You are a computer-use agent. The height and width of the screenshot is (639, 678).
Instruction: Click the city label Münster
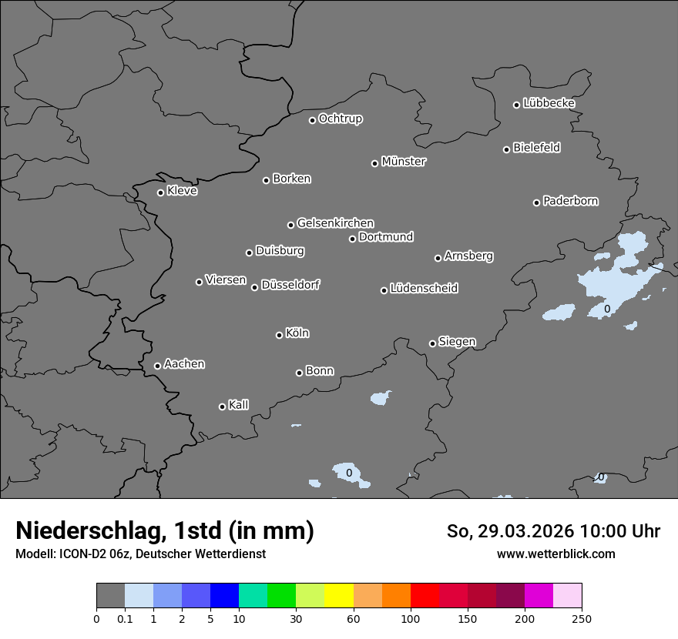coord(404,162)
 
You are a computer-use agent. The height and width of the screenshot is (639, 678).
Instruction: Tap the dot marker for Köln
coord(279,335)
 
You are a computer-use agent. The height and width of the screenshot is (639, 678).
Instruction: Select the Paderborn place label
coord(571,201)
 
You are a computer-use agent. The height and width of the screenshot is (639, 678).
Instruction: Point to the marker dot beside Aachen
coord(157,366)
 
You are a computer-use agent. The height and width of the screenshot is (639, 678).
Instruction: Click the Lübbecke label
coord(549,103)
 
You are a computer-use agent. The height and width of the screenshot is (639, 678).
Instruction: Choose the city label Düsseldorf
coord(290,285)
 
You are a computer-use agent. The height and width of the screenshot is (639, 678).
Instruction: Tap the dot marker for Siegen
coord(432,343)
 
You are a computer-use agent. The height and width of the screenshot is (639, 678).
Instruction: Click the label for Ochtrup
coord(341,119)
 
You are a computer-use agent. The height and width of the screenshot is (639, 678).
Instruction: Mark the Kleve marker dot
coord(160,192)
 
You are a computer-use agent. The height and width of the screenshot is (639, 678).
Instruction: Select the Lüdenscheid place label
coord(424,289)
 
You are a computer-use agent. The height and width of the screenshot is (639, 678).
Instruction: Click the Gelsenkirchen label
coord(335,223)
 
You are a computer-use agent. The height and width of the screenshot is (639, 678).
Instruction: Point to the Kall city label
coord(239,405)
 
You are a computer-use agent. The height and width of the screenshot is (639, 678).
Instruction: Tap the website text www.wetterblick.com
coord(555,554)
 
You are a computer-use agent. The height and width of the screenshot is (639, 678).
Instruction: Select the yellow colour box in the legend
coord(338,596)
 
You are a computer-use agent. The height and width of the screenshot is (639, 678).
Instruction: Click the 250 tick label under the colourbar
coord(582,619)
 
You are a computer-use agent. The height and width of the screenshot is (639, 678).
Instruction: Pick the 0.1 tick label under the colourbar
coord(125,619)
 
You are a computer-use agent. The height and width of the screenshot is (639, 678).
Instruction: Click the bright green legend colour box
coord(281,596)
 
